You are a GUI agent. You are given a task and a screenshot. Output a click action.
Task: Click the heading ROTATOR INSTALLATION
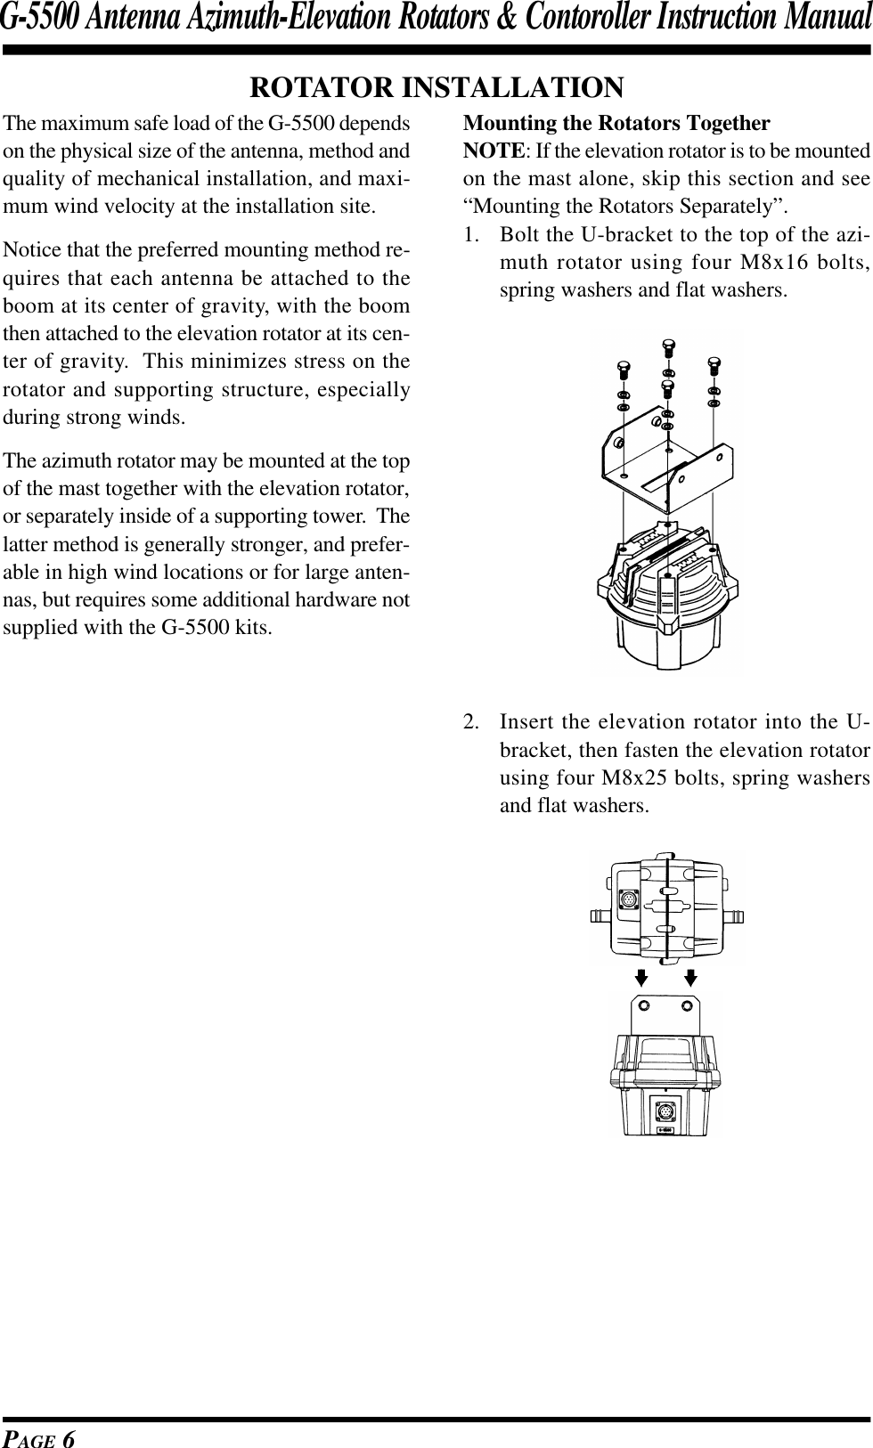[x=436, y=87]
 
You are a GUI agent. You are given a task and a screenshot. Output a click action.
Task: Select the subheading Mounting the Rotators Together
[x=616, y=122]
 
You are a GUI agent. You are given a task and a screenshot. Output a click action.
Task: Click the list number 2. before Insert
[x=473, y=720]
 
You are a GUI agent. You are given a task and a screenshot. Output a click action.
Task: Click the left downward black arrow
[x=640, y=978]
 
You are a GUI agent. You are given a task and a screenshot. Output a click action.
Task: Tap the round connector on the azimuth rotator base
[x=664, y=1112]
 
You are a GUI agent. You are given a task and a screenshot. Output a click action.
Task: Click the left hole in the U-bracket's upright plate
[x=648, y=1005]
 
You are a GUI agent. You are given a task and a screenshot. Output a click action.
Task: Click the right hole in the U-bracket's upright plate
[x=687, y=1005]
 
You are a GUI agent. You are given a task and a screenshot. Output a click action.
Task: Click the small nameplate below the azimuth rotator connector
[x=665, y=1132]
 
